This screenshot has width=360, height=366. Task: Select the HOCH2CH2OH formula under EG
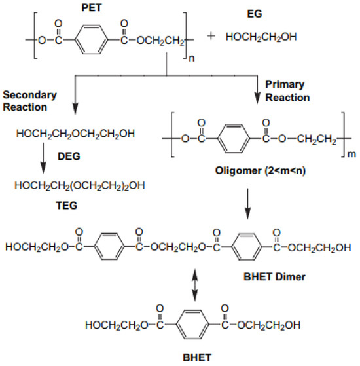pos(261,37)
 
